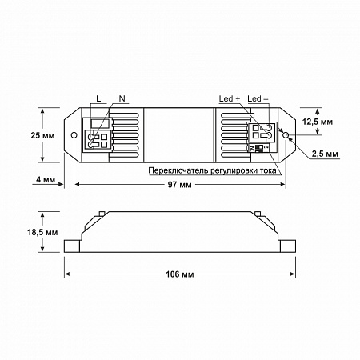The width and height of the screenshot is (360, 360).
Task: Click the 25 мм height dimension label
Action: pos(42,135)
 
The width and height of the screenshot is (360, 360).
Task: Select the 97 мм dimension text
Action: pos(180,185)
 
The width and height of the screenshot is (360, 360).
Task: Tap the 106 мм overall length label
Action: pos(180,274)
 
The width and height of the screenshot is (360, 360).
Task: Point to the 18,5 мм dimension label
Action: pos(42,232)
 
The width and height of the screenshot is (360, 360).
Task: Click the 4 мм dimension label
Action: pos(46,179)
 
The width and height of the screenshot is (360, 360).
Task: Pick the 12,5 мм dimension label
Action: pos(318,122)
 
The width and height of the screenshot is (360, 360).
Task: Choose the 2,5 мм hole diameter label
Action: pos(325,154)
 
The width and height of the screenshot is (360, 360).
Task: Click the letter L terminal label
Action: pos(98,98)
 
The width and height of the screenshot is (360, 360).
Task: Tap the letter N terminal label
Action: pos(122,98)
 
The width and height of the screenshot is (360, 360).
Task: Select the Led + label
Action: pos(230,98)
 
